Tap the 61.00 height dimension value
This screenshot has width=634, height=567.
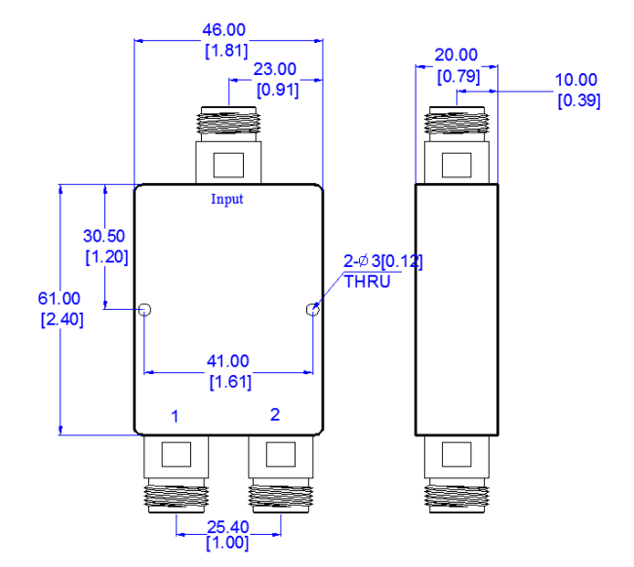(59, 298)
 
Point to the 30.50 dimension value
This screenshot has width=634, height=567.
(105, 236)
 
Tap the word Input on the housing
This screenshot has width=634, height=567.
(227, 200)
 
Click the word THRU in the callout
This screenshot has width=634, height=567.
(367, 282)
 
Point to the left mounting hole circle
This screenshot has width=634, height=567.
(144, 311)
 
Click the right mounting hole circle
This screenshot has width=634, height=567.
(312, 311)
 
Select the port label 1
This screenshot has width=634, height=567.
(175, 417)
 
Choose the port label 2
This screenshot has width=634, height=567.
(275, 414)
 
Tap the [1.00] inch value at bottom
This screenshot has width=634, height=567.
(227, 544)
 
